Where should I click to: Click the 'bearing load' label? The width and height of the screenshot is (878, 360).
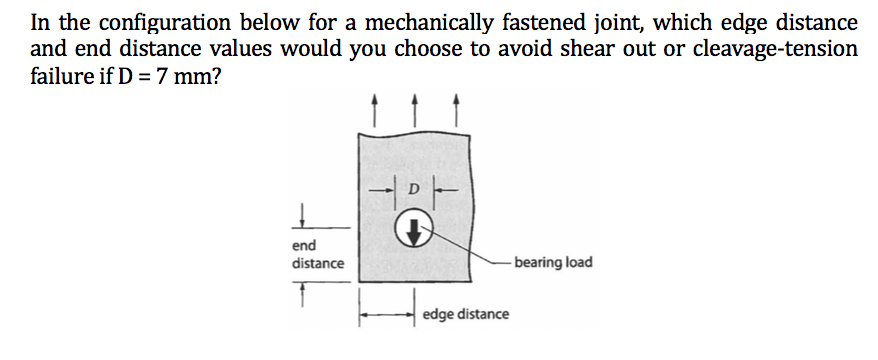click(x=553, y=263)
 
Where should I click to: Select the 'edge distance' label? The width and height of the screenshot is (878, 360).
click(x=465, y=315)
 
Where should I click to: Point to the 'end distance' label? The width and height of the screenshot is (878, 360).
click(x=316, y=254)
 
